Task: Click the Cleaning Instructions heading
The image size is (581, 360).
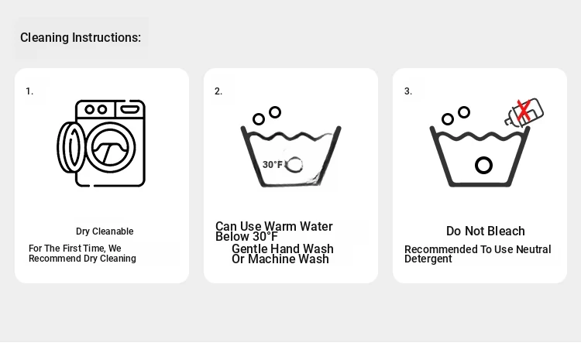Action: pos(81,37)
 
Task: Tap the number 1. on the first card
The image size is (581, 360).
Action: pos(29,91)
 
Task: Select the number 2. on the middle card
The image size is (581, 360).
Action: pos(218,91)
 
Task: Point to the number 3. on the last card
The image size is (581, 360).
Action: pos(408,91)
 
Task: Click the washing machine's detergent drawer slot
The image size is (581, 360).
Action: pos(130,109)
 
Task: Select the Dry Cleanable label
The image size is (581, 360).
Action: pos(105,231)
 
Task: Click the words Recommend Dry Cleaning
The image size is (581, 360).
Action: pos(82,258)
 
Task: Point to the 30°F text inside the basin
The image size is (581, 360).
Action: pos(273,164)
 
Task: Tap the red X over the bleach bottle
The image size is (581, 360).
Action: pos(523,110)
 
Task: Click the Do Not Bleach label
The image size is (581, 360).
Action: pos(486,231)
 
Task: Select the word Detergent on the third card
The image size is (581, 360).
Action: pos(428,259)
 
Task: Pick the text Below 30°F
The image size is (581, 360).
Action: pos(246,236)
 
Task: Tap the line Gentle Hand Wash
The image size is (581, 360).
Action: pos(282,249)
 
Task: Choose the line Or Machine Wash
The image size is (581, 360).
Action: pos(280,259)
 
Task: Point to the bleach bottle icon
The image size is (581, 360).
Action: pos(524,112)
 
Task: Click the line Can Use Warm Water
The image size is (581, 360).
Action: pos(273,226)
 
